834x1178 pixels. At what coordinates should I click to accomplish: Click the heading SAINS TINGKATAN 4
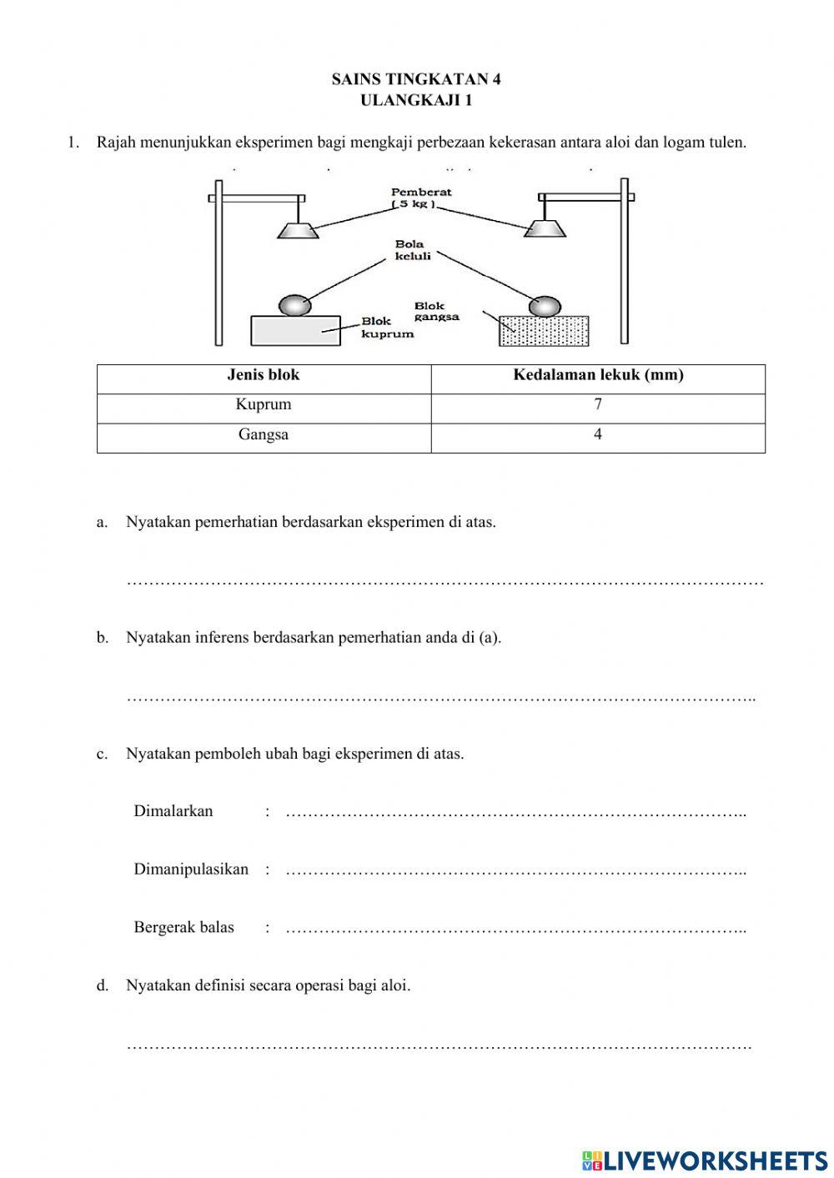pyautogui.click(x=416, y=79)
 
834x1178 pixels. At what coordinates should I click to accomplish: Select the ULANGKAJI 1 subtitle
pyautogui.click(x=416, y=101)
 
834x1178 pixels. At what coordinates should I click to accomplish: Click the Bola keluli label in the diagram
pyautogui.click(x=413, y=250)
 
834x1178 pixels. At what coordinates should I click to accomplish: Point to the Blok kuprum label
pyautogui.click(x=387, y=328)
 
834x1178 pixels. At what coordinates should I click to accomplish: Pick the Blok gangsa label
pyautogui.click(x=436, y=311)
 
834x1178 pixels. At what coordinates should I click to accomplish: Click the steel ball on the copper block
pyautogui.click(x=294, y=305)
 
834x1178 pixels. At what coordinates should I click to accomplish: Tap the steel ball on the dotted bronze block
pyautogui.click(x=545, y=305)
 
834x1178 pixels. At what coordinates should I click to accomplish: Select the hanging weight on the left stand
pyautogui.click(x=298, y=230)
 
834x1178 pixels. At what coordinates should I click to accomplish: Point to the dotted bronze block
pyautogui.click(x=544, y=330)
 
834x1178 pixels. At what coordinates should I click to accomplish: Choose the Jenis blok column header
pyautogui.click(x=264, y=375)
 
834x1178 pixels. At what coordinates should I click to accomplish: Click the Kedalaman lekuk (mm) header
pyautogui.click(x=598, y=375)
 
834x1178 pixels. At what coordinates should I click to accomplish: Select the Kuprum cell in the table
pyautogui.click(x=264, y=405)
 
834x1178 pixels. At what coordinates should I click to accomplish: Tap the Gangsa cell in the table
pyautogui.click(x=264, y=435)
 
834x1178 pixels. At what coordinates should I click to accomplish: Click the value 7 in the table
pyautogui.click(x=598, y=405)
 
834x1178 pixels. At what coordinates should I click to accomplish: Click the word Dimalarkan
pyautogui.click(x=173, y=811)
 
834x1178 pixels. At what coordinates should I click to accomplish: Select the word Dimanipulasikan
pyautogui.click(x=191, y=870)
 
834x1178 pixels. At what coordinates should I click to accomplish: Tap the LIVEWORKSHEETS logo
pyautogui.click(x=705, y=1160)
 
